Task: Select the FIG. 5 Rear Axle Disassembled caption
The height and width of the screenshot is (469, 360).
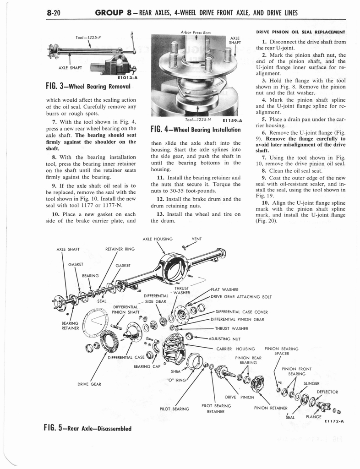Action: (87, 429)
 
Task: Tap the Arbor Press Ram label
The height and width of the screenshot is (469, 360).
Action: (191, 32)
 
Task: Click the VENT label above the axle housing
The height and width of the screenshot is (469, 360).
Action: (197, 239)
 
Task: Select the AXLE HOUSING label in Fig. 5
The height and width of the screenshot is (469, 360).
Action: (158, 239)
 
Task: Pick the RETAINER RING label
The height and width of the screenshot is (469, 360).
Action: (120, 249)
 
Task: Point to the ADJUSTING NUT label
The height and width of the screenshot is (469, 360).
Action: (224, 339)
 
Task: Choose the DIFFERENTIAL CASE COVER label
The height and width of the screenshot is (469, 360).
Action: (241, 312)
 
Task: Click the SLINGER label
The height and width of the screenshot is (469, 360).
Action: (311, 383)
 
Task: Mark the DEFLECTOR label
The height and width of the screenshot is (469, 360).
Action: (327, 392)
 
